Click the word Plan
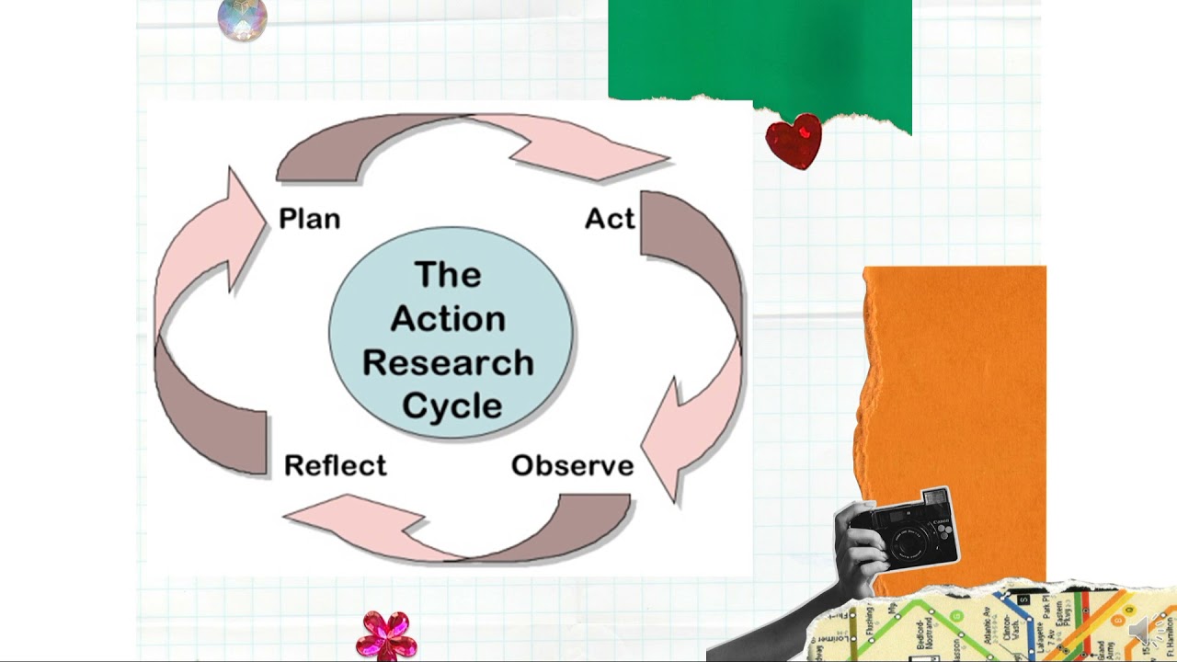tap(309, 219)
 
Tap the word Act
tap(610, 219)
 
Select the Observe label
tap(572, 465)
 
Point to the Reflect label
tap(335, 465)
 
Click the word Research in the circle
tap(448, 362)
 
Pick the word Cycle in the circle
tap(452, 405)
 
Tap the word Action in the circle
tap(448, 318)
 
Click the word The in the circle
tap(448, 274)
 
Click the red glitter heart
tap(794, 141)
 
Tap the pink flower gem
tap(386, 634)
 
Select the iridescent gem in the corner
tap(243, 18)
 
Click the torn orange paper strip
tap(956, 386)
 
